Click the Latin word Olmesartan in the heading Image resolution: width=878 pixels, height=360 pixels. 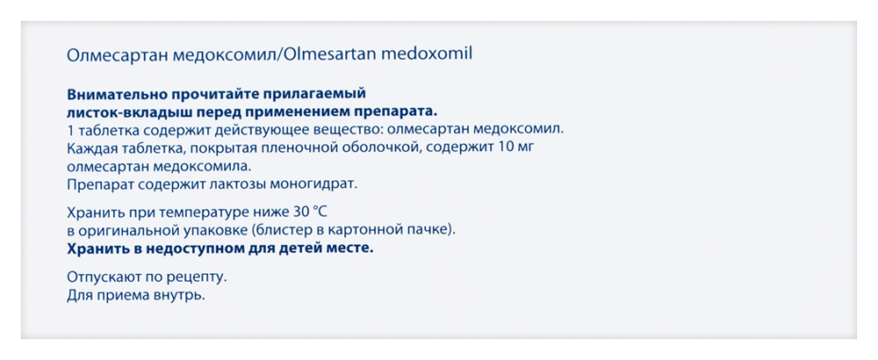click(335, 54)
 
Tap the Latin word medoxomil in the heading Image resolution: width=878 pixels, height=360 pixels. click(434, 54)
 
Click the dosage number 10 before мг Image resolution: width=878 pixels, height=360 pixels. click(503, 148)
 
